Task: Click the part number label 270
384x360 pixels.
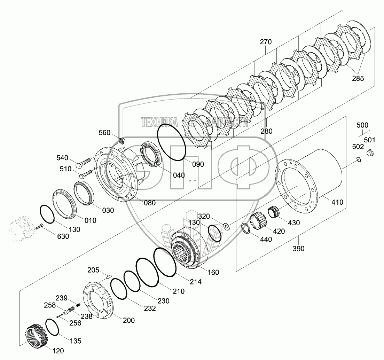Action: [x=266, y=42]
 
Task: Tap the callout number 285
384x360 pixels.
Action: [x=358, y=79]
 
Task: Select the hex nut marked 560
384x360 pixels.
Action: [x=122, y=141]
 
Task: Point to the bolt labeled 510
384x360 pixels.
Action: [x=86, y=173]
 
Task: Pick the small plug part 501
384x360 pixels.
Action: [x=370, y=153]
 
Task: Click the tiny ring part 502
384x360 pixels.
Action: [x=358, y=159]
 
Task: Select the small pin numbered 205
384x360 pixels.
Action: [x=108, y=276]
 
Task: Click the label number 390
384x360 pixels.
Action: [x=298, y=249]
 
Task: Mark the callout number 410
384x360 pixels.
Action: [x=337, y=202]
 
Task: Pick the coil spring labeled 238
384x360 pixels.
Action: [x=71, y=309]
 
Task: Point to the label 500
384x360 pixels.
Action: [x=362, y=125]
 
